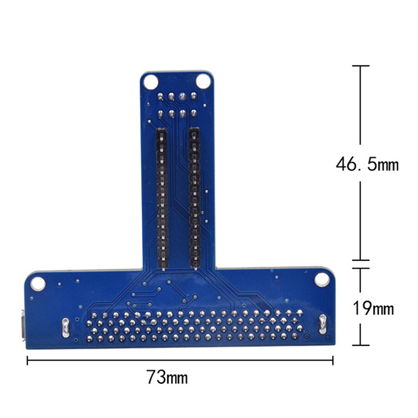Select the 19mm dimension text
pyautogui.click(x=372, y=308)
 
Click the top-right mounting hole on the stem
pyautogui.click(x=203, y=81)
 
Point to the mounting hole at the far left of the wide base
pyautogui.click(x=38, y=283)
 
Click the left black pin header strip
pyautogui.click(x=161, y=199)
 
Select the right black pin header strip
pyautogui.click(x=194, y=199)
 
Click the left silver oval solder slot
pyautogui.click(x=65, y=327)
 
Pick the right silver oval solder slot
pyautogui.click(x=322, y=324)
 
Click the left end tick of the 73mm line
pyautogui.click(x=27, y=359)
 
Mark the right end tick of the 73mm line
pyautogui.click(x=333, y=359)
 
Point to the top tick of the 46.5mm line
pyautogui.click(x=360, y=66)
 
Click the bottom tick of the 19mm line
pyautogui.click(x=360, y=345)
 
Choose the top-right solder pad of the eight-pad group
pyautogui.click(x=194, y=95)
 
